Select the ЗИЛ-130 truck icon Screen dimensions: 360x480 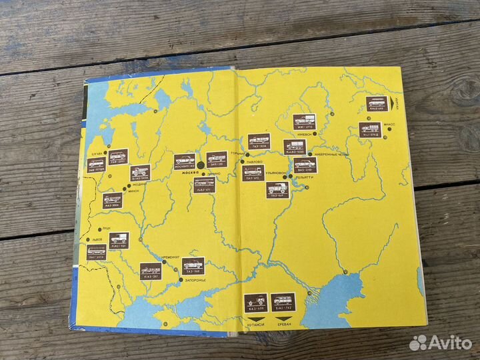pos(217,159)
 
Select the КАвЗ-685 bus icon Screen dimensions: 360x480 pos(376,104)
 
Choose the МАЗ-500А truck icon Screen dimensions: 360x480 pos(113,199)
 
